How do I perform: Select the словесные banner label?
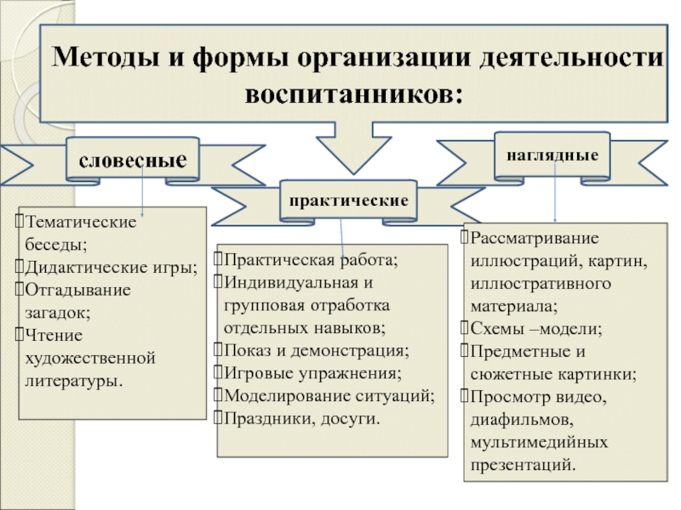[x=133, y=159]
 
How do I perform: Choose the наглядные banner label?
[x=552, y=155]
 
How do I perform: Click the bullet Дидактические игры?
[x=111, y=267]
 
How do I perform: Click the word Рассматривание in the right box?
[x=535, y=237]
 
